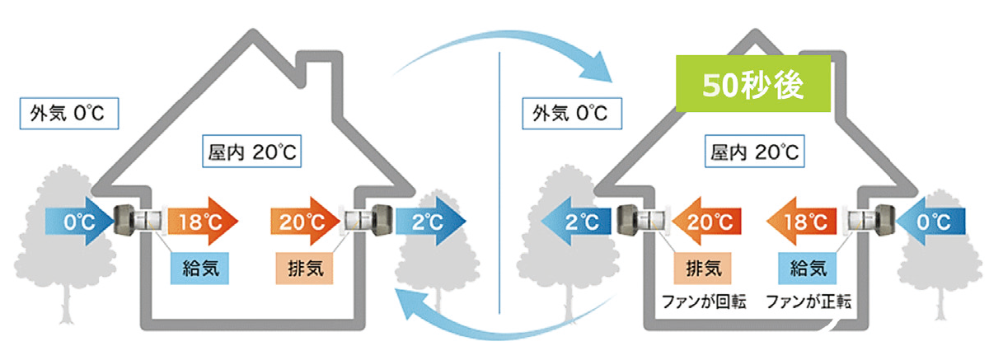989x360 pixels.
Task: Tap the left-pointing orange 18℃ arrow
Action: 804,221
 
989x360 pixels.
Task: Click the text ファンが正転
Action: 808,301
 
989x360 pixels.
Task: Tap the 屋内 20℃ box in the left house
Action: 247,153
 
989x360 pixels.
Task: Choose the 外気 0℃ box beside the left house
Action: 69,111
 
